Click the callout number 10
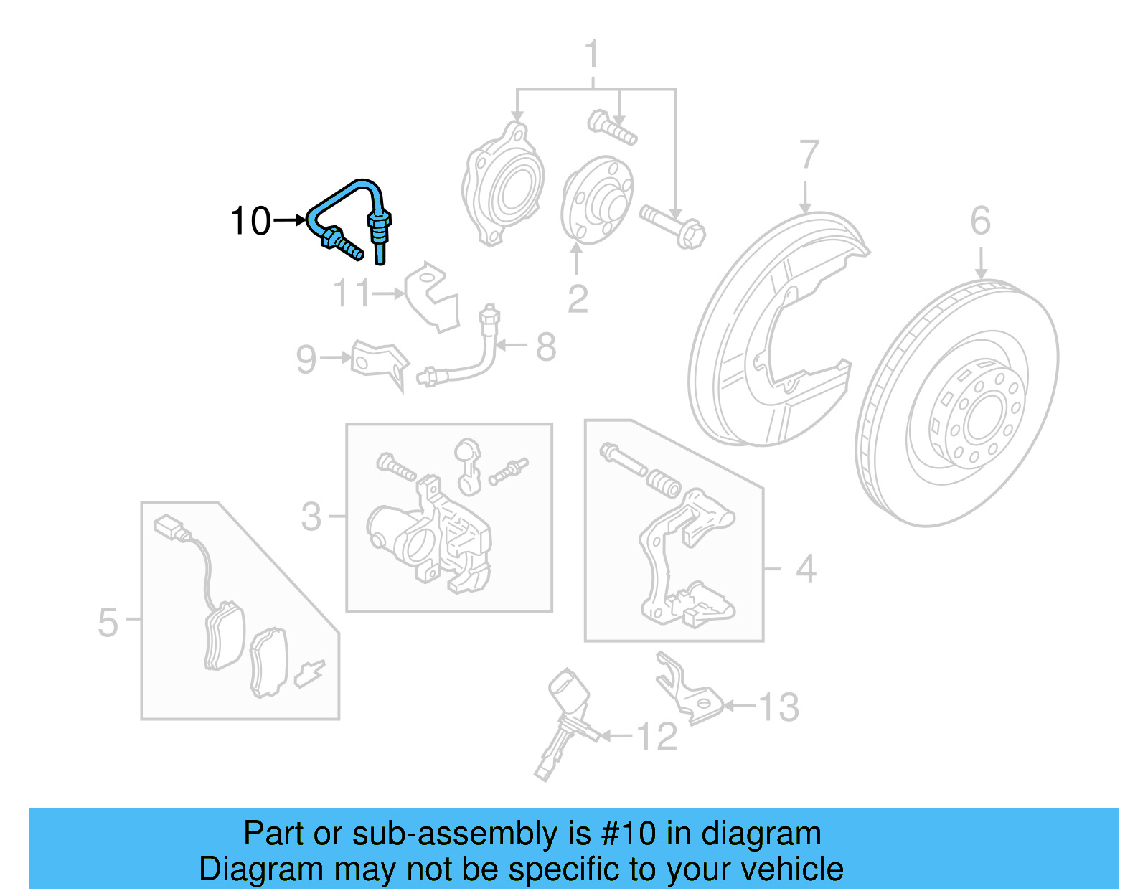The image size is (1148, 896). click(250, 221)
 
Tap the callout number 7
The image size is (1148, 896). click(809, 155)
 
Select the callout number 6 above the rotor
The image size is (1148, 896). click(980, 221)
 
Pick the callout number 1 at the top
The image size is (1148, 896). click(591, 55)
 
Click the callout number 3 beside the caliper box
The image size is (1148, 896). click(311, 517)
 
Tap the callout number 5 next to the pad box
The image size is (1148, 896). click(108, 622)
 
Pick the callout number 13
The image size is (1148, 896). click(778, 707)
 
